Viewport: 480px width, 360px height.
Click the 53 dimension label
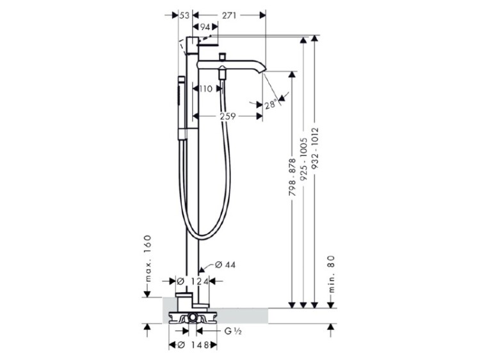[x=184, y=15]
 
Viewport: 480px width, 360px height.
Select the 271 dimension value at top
[x=229, y=15]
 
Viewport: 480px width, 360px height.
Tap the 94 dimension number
[x=205, y=27]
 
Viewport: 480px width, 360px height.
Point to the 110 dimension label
[x=205, y=89]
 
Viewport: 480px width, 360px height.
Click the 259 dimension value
[x=228, y=116]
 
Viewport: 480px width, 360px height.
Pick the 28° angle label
[x=271, y=104]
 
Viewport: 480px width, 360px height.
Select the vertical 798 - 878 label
[x=292, y=177]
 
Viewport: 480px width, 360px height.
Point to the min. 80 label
[x=332, y=274]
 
